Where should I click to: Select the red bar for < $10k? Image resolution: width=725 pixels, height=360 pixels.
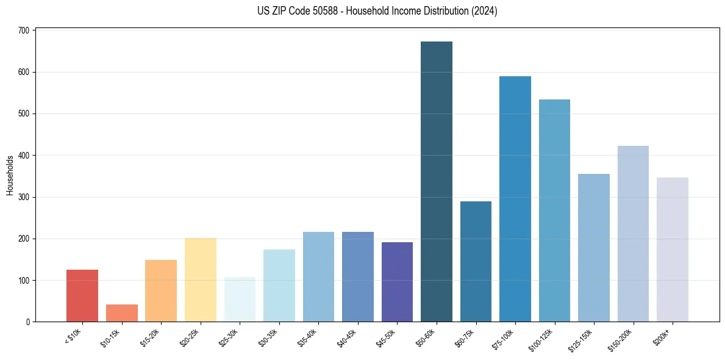82,296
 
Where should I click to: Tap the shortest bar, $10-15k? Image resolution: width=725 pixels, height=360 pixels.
121,313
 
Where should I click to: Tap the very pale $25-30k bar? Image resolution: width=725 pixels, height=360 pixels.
240,300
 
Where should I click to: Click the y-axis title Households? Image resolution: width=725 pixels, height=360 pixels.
10,175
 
